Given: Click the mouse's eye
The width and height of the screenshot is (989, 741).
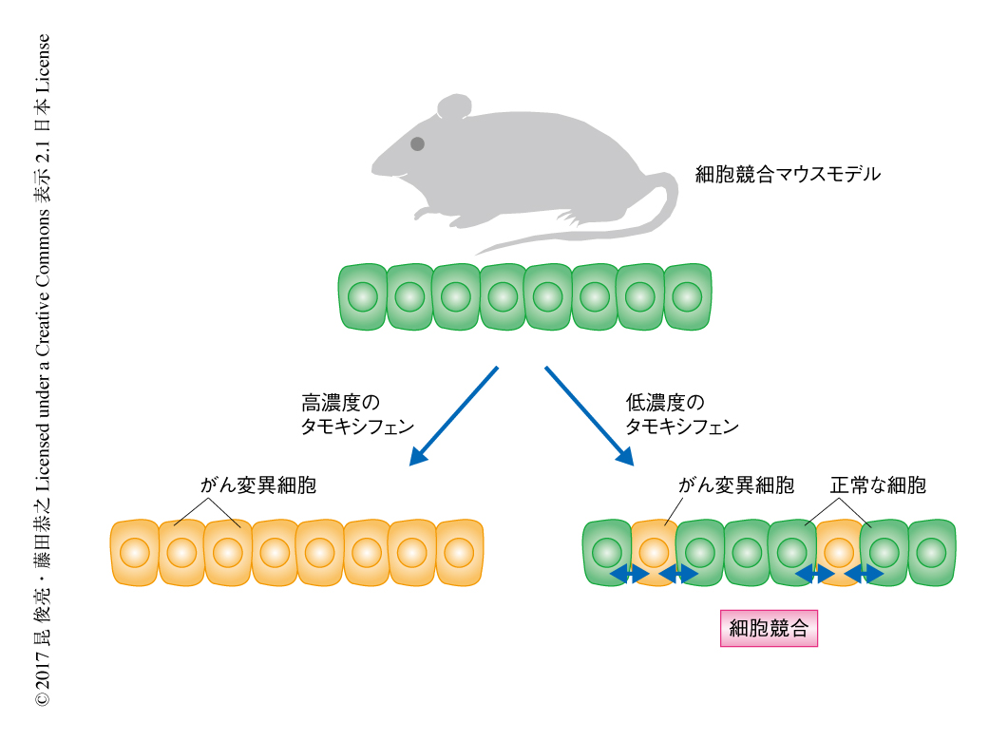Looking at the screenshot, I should click(417, 144).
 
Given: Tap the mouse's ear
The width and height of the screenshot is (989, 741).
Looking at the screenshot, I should click(453, 106).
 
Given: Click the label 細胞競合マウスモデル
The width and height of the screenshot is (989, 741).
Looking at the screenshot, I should click(788, 175).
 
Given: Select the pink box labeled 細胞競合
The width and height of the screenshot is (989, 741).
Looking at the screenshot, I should click(769, 628).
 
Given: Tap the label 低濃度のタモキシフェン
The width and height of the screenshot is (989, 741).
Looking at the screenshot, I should click(681, 414).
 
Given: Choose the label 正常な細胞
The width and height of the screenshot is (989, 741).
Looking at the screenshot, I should click(878, 485).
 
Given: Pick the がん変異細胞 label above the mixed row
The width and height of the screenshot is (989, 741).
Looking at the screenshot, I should click(736, 485).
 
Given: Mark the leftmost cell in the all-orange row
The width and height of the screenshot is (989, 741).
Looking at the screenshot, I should click(134, 552).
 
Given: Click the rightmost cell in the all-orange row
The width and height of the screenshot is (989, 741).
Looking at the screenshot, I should click(459, 552).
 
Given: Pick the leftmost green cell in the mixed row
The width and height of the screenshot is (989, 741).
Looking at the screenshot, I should click(605, 552).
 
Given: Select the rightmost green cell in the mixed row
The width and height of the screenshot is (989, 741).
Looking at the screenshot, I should click(931, 552).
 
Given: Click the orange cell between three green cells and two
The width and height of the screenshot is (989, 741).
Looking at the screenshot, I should click(838, 551).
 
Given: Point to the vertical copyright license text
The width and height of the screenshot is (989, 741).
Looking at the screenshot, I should click(43, 370).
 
